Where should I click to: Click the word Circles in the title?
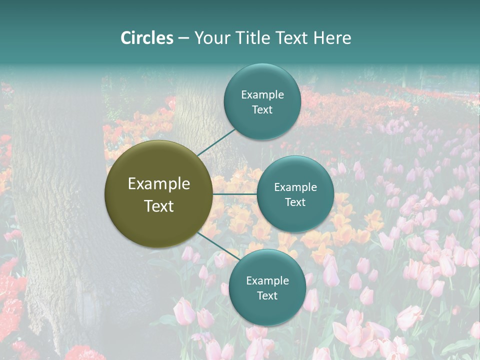point(147,38)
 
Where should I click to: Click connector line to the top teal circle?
point(216,141)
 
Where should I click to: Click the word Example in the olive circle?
point(159,184)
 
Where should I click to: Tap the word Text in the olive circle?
point(159,206)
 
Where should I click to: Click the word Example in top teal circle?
point(262,95)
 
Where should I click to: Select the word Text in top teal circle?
point(262,110)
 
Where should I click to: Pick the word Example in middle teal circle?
point(295,187)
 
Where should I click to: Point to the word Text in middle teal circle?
point(295,202)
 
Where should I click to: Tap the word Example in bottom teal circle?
point(267,281)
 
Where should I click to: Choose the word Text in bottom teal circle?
point(267,296)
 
